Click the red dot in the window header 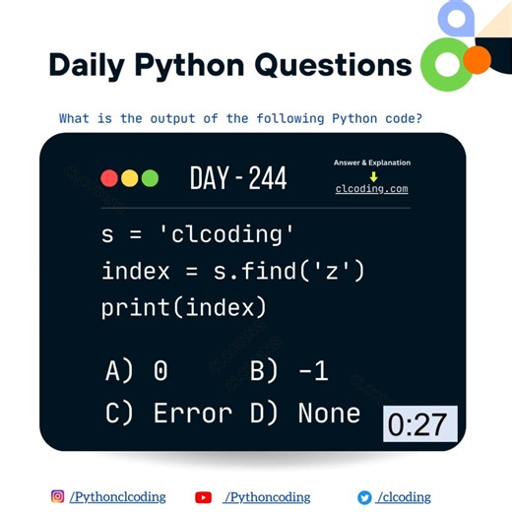click(x=109, y=178)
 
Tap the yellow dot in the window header click(x=129, y=178)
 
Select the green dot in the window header click(x=150, y=178)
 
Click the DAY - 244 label click(x=238, y=178)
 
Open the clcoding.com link click(x=371, y=189)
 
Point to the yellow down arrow click(x=373, y=176)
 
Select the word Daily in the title click(x=86, y=65)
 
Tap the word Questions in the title click(x=328, y=65)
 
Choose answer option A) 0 click(x=137, y=370)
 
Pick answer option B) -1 click(x=288, y=370)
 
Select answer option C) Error click(x=169, y=413)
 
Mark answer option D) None click(x=304, y=413)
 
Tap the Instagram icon click(x=58, y=497)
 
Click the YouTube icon click(x=204, y=497)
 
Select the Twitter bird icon click(x=364, y=497)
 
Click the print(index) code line click(x=184, y=307)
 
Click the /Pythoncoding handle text click(x=267, y=497)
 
